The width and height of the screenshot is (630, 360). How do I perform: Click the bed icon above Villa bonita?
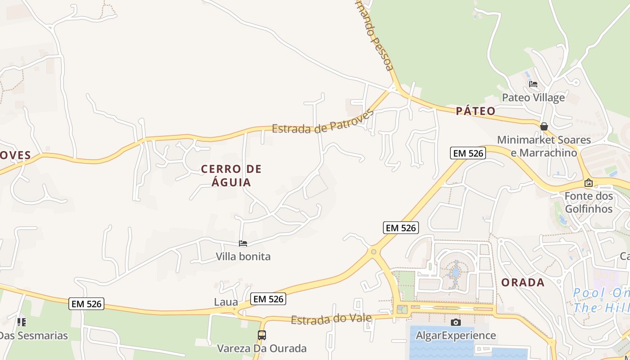point(243,243)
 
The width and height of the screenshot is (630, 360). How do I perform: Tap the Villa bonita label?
point(243,256)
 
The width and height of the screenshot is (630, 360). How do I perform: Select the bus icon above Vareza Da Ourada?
point(261,335)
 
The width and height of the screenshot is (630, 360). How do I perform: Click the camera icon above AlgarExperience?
point(455,322)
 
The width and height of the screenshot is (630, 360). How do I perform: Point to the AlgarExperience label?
point(455,335)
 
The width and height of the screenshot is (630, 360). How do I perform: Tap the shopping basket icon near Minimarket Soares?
point(544,126)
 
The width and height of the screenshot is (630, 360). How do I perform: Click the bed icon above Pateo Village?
point(533,84)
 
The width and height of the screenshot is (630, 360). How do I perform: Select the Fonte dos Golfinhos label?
point(589,202)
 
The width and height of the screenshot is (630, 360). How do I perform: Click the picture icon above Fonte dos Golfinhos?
point(588,183)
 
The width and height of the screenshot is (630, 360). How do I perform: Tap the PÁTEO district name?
point(475,111)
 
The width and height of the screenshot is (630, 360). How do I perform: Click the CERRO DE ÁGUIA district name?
point(231,175)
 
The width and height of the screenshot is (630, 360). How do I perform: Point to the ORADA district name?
point(523,283)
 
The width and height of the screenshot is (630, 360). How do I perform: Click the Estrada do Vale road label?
point(331,319)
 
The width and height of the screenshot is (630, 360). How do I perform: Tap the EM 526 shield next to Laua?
point(268,299)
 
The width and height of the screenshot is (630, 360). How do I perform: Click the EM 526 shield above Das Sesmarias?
point(87,304)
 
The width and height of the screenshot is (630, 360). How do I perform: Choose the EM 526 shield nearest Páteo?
point(468,153)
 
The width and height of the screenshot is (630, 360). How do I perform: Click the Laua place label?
point(226,302)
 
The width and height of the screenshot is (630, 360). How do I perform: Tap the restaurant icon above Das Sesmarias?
point(22,322)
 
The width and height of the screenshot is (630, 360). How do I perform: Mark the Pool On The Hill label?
point(601,301)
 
